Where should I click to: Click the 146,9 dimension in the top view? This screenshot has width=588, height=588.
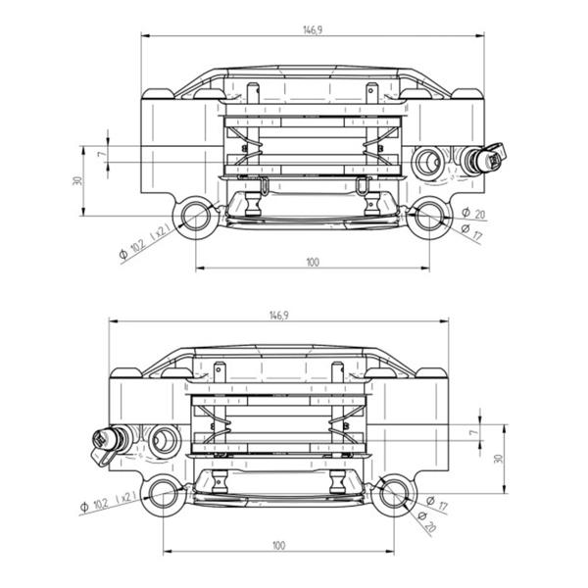pyautogui.click(x=313, y=29)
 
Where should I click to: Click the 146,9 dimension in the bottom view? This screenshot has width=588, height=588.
pyautogui.click(x=279, y=316)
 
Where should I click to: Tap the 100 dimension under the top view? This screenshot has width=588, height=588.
pyautogui.click(x=313, y=262)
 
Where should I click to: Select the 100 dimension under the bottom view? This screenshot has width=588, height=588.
pyautogui.click(x=278, y=545)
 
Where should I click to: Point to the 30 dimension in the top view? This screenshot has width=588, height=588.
pyautogui.click(x=77, y=180)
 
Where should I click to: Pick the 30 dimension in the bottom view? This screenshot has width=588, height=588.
pyautogui.click(x=499, y=459)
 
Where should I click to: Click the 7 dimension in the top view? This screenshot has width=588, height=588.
pyautogui.click(x=101, y=154)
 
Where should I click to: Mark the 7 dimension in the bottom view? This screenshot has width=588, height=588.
pyautogui.click(x=473, y=432)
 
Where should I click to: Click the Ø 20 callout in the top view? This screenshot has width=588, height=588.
pyautogui.click(x=473, y=213)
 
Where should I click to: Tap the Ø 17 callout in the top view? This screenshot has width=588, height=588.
pyautogui.click(x=471, y=232)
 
